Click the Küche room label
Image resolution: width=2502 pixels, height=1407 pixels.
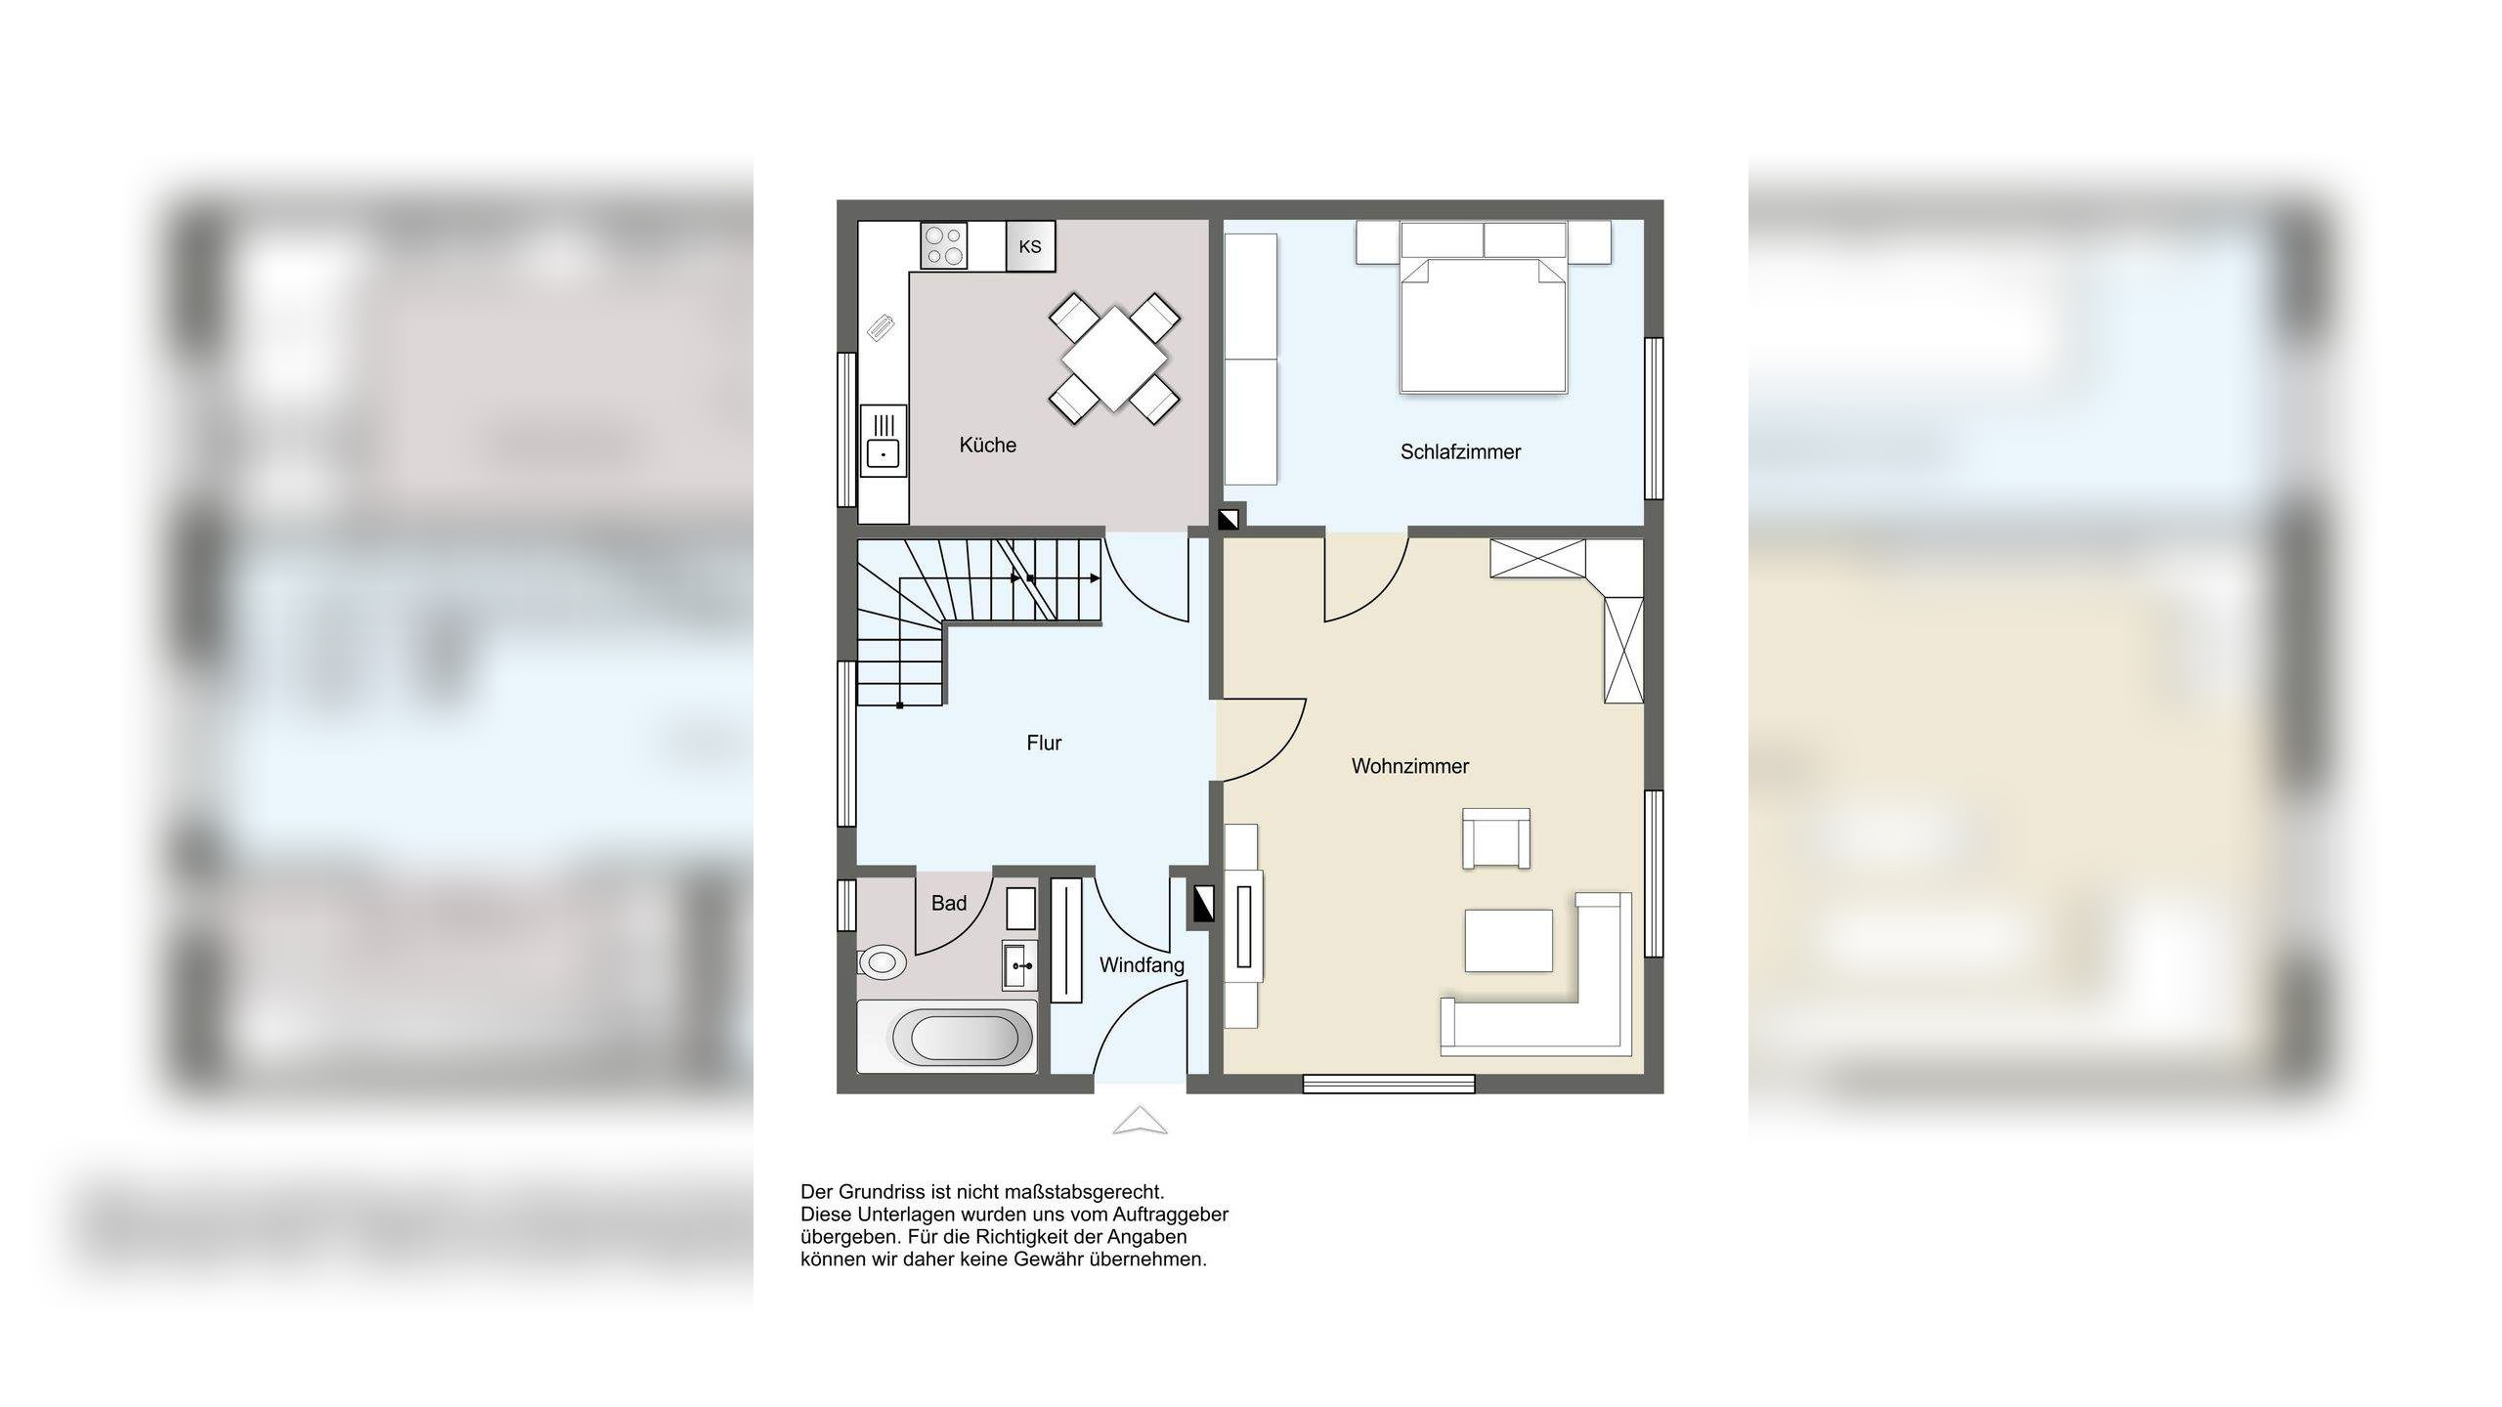click(x=987, y=446)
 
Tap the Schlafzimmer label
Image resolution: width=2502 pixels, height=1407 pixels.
click(x=1460, y=451)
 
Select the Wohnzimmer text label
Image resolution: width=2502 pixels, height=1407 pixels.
click(x=1409, y=766)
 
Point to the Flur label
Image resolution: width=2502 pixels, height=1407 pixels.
click(x=1044, y=743)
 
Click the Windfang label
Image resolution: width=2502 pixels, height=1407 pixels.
click(x=1142, y=965)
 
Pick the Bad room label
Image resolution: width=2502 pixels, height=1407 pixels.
click(x=948, y=903)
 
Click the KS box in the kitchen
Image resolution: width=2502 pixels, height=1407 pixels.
click(x=1030, y=246)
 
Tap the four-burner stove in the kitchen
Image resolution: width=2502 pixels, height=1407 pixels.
click(x=944, y=245)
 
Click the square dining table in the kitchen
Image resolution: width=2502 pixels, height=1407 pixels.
click(x=1114, y=359)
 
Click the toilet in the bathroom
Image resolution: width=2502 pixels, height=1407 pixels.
click(x=882, y=961)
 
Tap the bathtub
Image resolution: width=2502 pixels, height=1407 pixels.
click(x=946, y=1037)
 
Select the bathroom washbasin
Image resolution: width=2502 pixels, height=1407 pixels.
click(x=1019, y=965)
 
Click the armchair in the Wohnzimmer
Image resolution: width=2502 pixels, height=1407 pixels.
click(x=1496, y=838)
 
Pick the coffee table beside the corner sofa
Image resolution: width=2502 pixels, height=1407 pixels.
click(x=1508, y=940)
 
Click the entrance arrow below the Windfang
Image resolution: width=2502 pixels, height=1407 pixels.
click(x=1140, y=1121)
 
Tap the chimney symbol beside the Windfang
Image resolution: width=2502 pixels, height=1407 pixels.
click(x=1201, y=904)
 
